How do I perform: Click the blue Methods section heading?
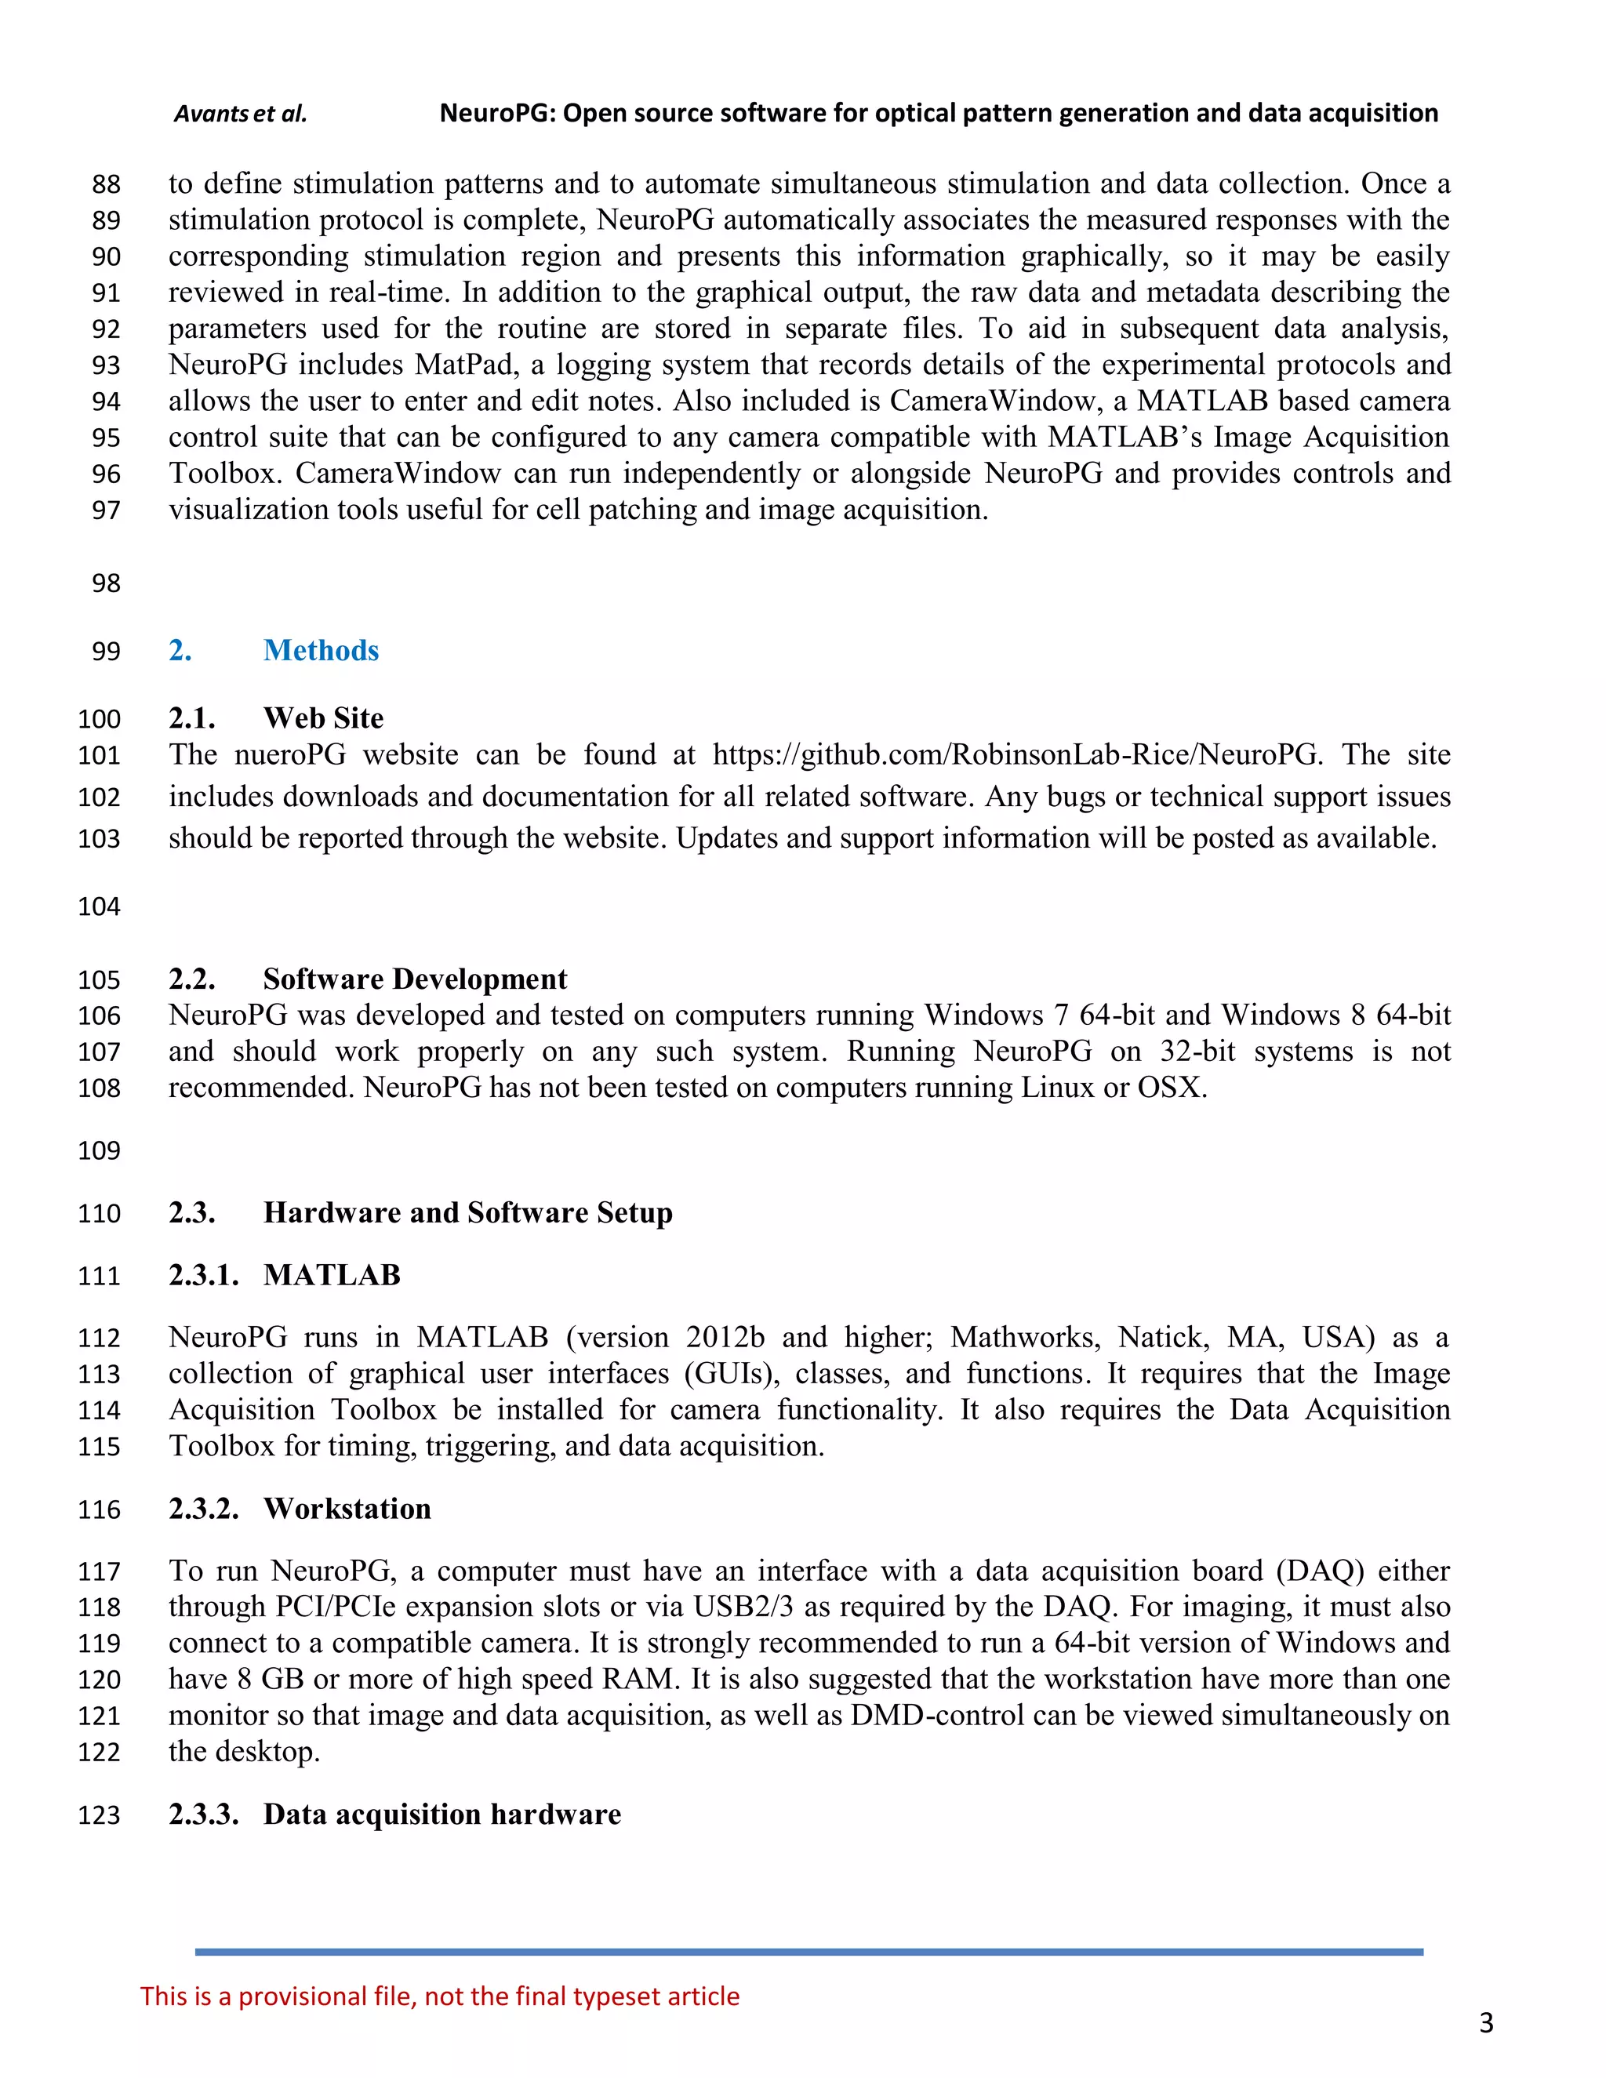321,650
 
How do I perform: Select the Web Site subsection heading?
324,717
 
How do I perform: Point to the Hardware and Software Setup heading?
467,1212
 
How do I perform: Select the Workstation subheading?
347,1508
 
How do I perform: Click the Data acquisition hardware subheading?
441,1814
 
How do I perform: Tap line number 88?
107,184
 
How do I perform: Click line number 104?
99,906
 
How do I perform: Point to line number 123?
99,1815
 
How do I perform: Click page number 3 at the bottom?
1486,2023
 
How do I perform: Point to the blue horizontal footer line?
808,1952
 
